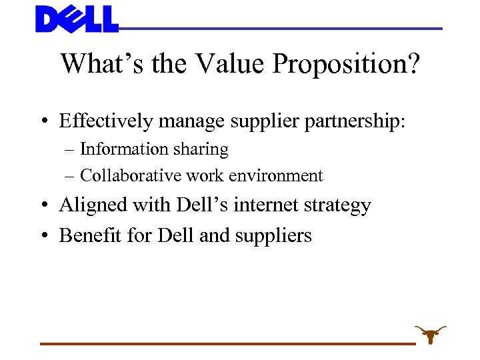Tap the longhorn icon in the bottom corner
tap(431, 334)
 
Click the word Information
tap(123, 149)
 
